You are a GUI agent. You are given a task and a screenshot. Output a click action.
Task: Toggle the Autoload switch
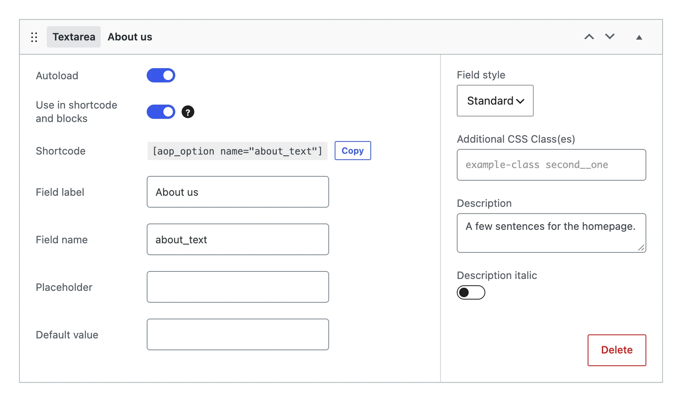tap(161, 75)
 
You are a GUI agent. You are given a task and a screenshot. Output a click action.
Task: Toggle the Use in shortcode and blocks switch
tap(161, 112)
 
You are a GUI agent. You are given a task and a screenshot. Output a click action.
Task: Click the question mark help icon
tap(188, 112)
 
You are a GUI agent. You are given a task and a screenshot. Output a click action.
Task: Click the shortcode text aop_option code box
tap(237, 151)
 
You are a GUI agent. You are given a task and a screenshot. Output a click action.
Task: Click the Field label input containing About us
tap(238, 192)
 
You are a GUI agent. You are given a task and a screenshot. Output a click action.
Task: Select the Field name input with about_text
tap(238, 239)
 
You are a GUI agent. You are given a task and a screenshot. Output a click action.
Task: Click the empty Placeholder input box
tap(238, 287)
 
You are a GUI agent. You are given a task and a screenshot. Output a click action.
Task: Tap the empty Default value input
tap(238, 334)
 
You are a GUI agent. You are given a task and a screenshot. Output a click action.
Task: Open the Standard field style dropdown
tap(495, 101)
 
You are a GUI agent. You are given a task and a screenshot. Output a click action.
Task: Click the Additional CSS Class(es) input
tap(552, 165)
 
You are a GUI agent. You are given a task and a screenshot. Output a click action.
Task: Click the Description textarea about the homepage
tap(552, 233)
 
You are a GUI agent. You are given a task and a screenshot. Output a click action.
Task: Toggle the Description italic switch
tap(471, 292)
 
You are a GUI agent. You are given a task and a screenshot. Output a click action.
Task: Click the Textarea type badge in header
tap(74, 37)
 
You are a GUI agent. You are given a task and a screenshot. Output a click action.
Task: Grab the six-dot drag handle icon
tap(34, 37)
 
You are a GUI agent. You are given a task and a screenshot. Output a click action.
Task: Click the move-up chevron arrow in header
tap(589, 37)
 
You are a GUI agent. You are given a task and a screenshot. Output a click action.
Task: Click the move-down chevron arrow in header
tap(610, 36)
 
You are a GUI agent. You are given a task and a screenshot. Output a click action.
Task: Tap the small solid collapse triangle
tap(639, 37)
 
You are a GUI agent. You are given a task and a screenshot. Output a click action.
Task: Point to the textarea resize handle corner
tap(641, 248)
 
